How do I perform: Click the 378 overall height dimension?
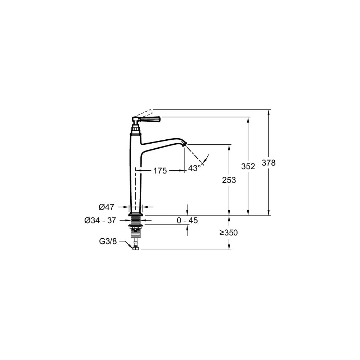point(269,163)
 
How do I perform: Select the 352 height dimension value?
point(248,166)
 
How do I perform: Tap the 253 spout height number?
point(229,180)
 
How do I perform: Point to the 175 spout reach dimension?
point(160,171)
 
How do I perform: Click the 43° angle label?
point(194,168)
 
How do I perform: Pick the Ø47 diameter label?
point(106,207)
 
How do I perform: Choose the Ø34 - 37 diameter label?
point(100,220)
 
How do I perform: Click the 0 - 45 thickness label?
point(187,220)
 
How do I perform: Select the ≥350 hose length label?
point(229,233)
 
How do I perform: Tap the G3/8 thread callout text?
point(108,241)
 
